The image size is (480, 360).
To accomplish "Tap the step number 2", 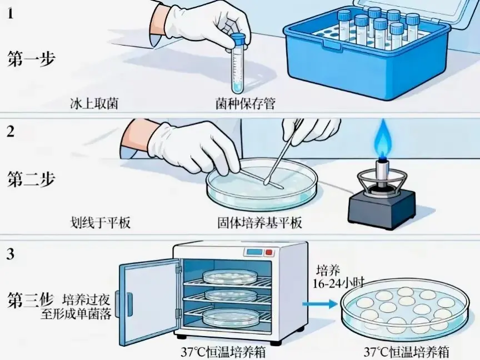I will pos(11,132).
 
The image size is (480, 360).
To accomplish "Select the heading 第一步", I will pos(31,59).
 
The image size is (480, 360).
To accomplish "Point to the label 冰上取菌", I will pos(93,103).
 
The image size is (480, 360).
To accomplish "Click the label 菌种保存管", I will pos(245,103).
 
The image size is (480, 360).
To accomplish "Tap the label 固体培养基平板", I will pos(259,223).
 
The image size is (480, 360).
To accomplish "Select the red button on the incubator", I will pos(269,253).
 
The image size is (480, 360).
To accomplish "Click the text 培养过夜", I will pos(87,299).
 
